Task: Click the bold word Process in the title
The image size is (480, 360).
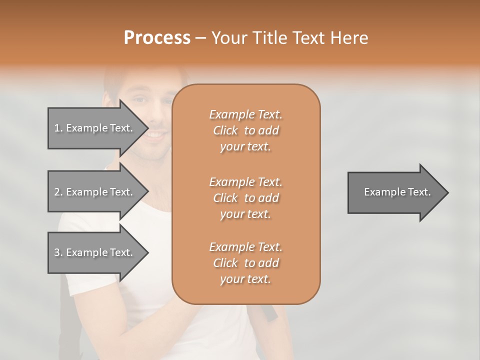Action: pyautogui.click(x=157, y=38)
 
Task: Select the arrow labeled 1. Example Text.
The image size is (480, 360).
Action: pyautogui.click(x=95, y=128)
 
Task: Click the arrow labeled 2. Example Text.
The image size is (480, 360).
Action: pyautogui.click(x=95, y=192)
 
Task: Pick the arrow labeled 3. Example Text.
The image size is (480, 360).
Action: pyautogui.click(x=95, y=252)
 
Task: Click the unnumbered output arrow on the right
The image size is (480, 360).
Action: pyautogui.click(x=395, y=192)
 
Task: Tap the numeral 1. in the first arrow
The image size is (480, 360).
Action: pyautogui.click(x=58, y=128)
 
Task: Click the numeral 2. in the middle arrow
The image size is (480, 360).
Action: pyautogui.click(x=58, y=192)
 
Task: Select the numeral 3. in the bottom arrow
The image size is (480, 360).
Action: pyautogui.click(x=58, y=252)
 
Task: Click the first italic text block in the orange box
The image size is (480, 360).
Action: pyautogui.click(x=245, y=130)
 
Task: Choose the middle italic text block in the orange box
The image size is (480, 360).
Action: pyautogui.click(x=245, y=197)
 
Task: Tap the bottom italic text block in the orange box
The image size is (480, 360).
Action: pyautogui.click(x=245, y=263)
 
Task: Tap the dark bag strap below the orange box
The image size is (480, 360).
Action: pyautogui.click(x=270, y=312)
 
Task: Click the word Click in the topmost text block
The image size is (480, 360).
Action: pyautogui.click(x=225, y=130)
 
